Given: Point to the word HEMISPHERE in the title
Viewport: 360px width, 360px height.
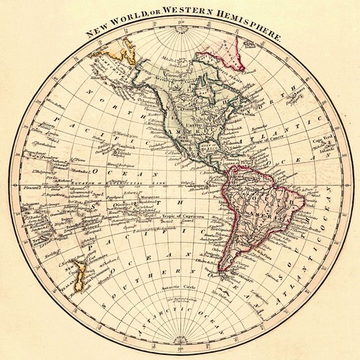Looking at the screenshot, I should [253, 30].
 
